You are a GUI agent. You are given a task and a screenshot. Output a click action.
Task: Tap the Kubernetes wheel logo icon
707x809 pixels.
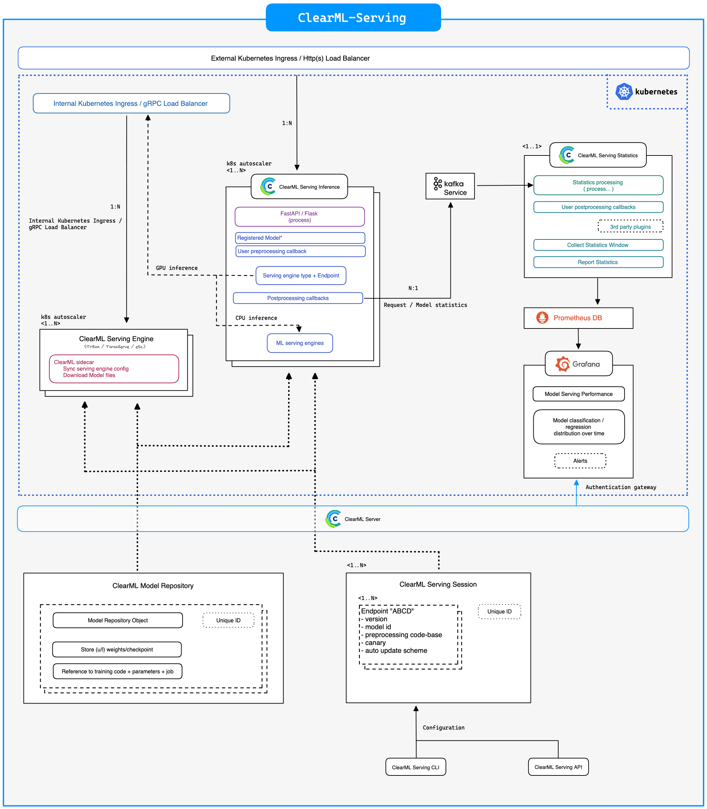[624, 91]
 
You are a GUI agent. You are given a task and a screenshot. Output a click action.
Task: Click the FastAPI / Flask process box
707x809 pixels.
[299, 216]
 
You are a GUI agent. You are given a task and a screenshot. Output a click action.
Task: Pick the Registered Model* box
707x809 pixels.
[300, 238]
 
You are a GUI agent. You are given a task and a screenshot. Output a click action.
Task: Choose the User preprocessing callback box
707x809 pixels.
[300, 251]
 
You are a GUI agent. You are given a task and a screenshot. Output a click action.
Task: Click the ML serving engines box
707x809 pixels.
[300, 343]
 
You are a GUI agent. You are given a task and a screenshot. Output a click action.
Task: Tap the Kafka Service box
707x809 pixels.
[450, 186]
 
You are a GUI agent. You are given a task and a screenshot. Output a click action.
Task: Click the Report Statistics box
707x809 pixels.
[598, 262]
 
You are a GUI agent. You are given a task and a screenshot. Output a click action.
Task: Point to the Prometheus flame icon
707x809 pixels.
[542, 318]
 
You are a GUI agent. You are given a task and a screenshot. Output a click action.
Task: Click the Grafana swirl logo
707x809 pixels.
[562, 364]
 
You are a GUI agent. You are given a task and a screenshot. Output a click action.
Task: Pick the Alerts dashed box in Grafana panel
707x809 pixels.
[580, 461]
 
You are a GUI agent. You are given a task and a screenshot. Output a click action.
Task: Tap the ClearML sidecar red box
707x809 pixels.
[114, 369]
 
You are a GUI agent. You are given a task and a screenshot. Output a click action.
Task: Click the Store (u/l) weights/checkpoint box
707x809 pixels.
[117, 649]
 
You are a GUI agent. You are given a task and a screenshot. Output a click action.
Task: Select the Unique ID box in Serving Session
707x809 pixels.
[499, 611]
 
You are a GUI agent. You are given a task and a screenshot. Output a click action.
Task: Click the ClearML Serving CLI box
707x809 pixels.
[415, 767]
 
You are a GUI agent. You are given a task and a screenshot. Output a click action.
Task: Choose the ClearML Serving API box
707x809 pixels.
[558, 767]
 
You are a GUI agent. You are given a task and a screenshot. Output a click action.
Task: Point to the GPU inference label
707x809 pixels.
[177, 268]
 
